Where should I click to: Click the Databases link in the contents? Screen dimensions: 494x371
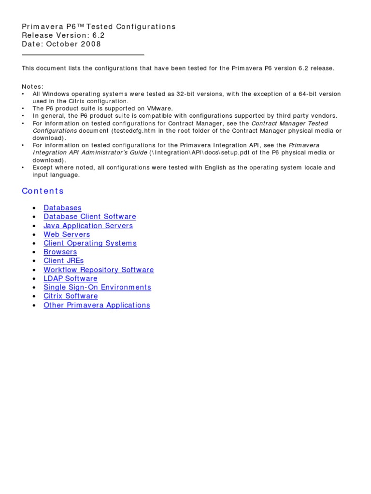pos(62,208)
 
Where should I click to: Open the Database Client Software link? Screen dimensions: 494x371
pos(90,217)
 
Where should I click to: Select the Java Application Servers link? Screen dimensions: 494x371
pos(88,226)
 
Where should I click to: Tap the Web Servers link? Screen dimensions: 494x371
pos(67,234)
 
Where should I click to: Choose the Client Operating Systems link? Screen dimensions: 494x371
pos(90,243)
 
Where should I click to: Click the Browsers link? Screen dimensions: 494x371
pos(60,252)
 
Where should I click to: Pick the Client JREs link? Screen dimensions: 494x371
pos(63,261)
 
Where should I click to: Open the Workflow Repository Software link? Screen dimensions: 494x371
pos(99,270)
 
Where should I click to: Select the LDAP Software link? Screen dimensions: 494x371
pos(71,278)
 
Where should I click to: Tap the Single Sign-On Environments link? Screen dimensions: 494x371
pos(97,287)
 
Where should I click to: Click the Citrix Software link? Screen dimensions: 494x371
pos(71,296)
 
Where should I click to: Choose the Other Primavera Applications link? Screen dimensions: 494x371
pos(97,305)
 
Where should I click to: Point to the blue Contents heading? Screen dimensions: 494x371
pos(43,191)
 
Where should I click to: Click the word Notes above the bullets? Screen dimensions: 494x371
pos(32,86)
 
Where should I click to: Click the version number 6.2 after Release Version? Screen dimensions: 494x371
pos(99,35)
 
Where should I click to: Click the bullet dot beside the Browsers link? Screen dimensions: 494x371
pos(33,252)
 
